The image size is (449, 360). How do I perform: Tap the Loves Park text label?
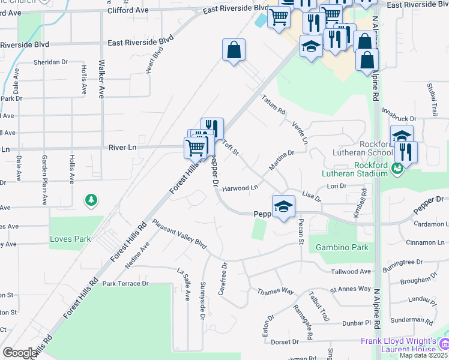coord(70,239)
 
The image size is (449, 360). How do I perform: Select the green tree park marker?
coord(91,200)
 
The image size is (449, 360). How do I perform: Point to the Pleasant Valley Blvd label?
coord(179,234)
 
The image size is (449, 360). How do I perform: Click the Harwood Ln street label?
coord(240,188)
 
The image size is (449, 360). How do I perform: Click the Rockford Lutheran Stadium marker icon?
coord(396,169)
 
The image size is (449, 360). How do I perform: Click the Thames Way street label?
coord(276,292)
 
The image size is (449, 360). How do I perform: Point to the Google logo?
coord(20,353)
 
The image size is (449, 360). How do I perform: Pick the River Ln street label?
coord(123,146)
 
